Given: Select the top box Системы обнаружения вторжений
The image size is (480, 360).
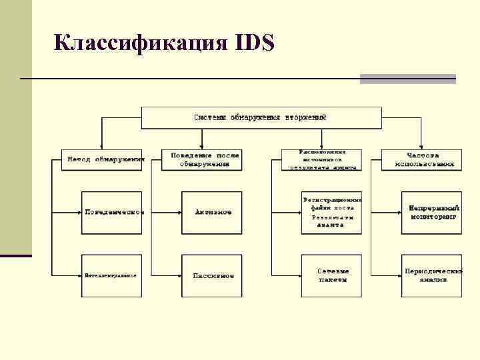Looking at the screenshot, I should (261, 117).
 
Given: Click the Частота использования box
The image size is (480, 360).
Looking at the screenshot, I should (425, 160).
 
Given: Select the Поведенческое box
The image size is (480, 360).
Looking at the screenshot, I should (113, 212).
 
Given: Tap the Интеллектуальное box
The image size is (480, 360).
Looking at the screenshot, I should (111, 275).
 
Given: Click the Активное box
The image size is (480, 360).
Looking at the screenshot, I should (213, 212).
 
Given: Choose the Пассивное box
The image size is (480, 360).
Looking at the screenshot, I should (213, 275).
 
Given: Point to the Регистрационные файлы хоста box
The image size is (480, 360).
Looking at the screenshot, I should (331, 212).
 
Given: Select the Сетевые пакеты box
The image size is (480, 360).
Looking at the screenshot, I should (331, 275).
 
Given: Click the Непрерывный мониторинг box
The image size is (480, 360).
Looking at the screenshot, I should (432, 212).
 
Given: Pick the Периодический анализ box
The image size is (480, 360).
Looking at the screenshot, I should (432, 275).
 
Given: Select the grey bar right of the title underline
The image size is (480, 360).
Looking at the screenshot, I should (407, 79).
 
